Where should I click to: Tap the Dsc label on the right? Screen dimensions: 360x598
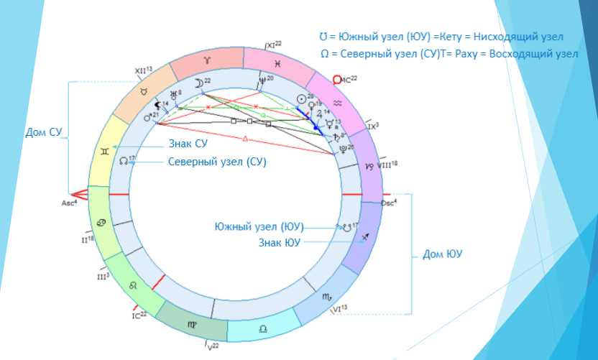[389, 202]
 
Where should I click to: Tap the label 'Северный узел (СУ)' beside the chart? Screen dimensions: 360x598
[217, 162]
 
